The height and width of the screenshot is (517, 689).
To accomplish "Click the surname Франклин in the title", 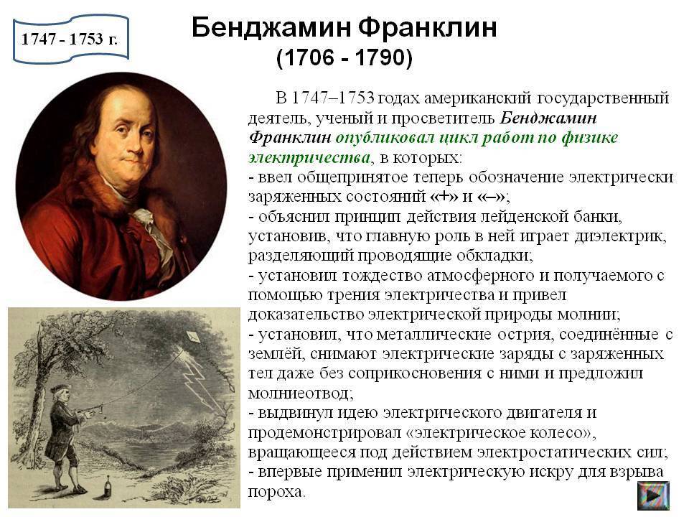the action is [x=427, y=28].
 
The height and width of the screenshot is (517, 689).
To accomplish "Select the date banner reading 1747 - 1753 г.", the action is [x=70, y=39].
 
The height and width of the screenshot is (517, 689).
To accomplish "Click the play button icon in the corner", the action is [x=653, y=495].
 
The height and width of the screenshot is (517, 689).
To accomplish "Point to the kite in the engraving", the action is [x=192, y=337].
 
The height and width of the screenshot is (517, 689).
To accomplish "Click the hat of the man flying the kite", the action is [x=58, y=388].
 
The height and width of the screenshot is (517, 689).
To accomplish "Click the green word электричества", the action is [x=309, y=157].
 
